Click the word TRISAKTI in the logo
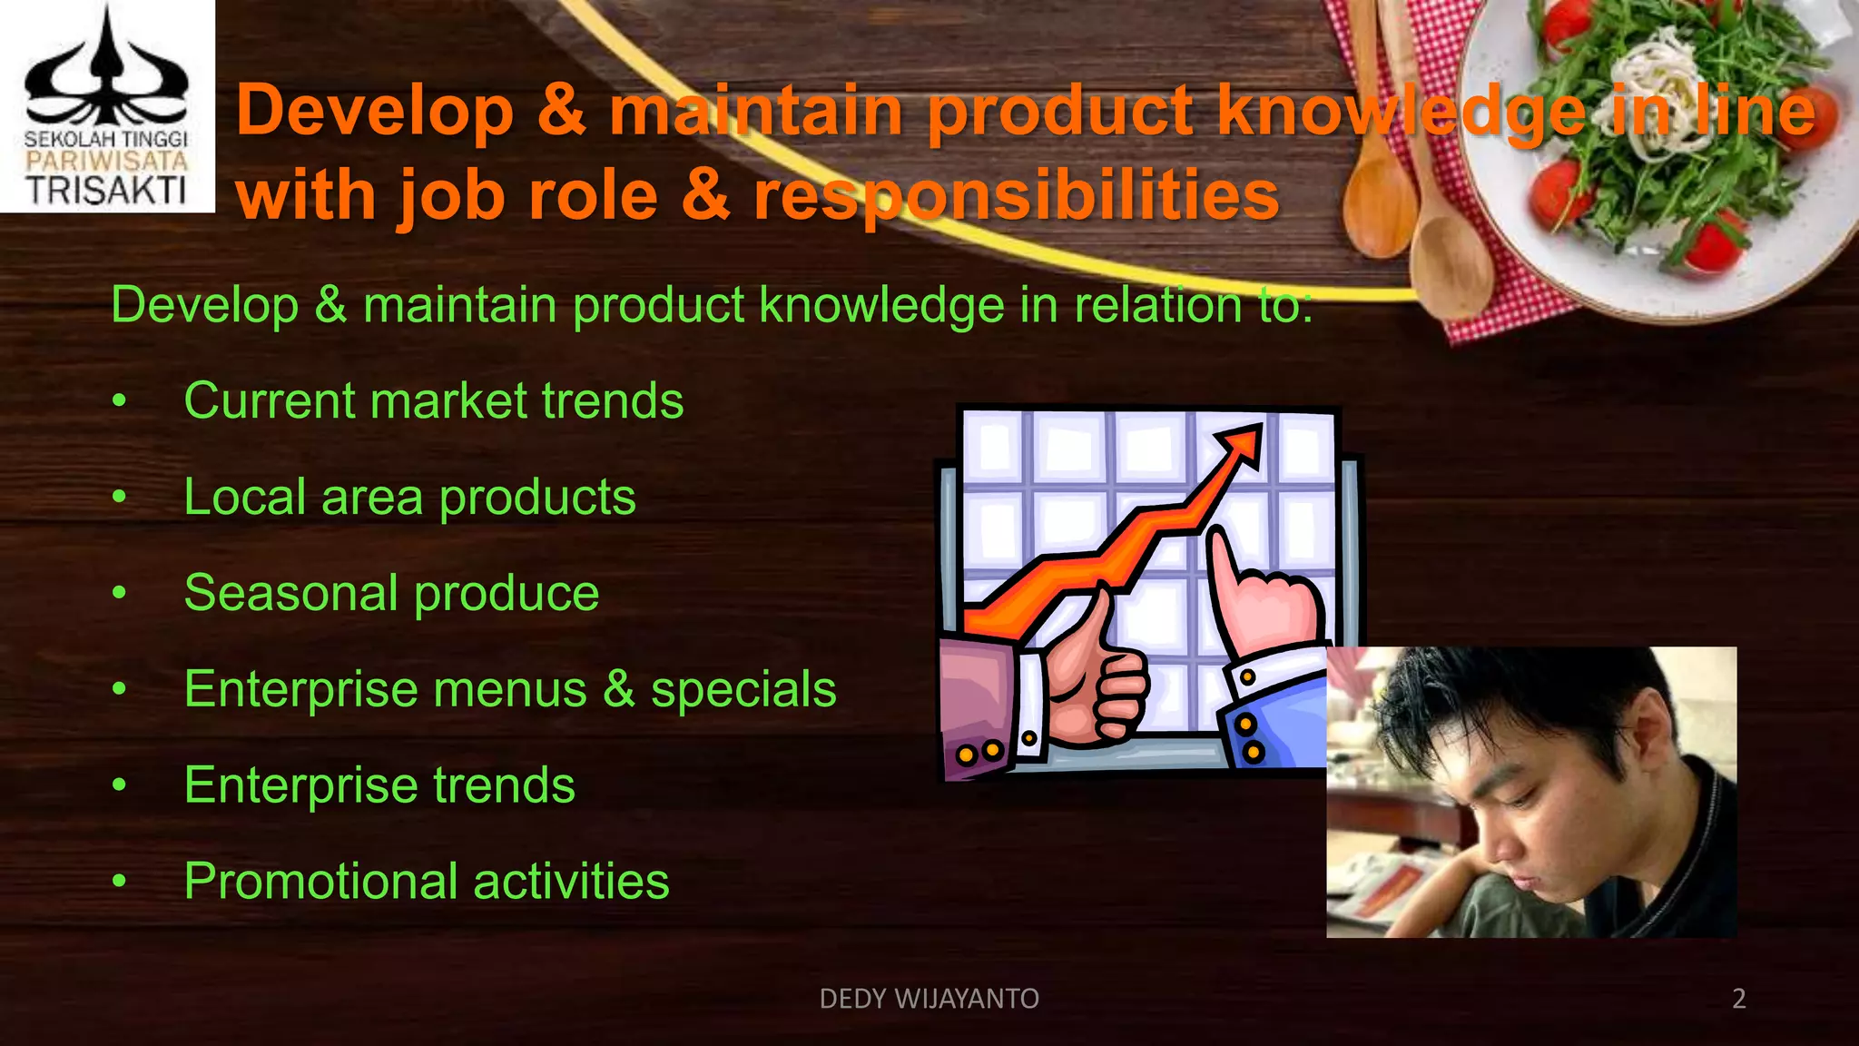pyautogui.click(x=106, y=190)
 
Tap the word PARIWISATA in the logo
pyautogui.click(x=106, y=162)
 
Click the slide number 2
pyautogui.click(x=1738, y=999)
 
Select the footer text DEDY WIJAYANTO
pyautogui.click(x=929, y=999)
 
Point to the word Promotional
pyautogui.click(x=320, y=882)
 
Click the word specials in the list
pyautogui.click(x=743, y=690)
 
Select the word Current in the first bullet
pyautogui.click(x=268, y=401)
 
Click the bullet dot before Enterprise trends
pyautogui.click(x=119, y=785)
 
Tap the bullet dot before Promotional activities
pyautogui.click(x=119, y=882)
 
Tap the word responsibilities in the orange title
pyautogui.click(x=1016, y=195)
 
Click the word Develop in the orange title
pyautogui.click(x=375, y=111)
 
